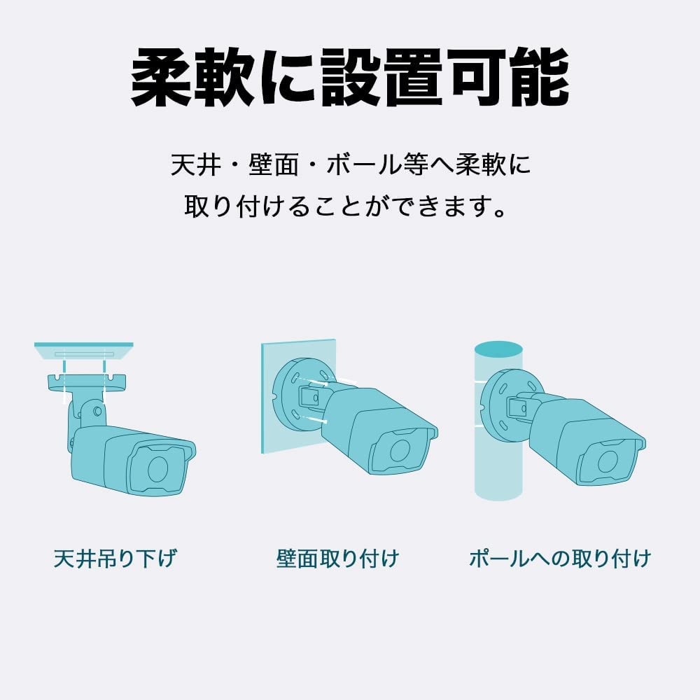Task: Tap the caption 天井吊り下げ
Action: click(115, 559)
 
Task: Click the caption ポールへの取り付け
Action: click(560, 559)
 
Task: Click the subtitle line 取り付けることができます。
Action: click(349, 206)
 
